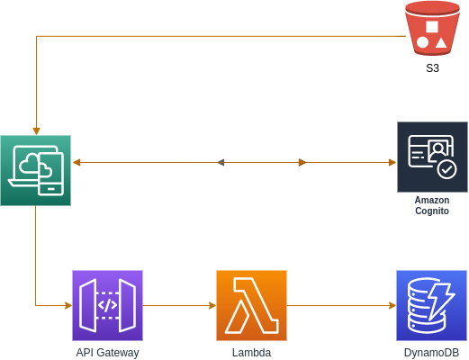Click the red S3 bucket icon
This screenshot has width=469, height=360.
pos(432,28)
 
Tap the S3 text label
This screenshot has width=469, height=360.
pos(432,68)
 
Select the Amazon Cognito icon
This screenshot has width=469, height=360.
pos(432,157)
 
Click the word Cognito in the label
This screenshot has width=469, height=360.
pos(432,211)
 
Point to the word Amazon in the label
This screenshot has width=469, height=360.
pos(432,200)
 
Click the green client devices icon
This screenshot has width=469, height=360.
pos(35,170)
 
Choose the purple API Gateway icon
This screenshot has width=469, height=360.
pos(107,305)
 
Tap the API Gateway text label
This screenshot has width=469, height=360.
pos(107,353)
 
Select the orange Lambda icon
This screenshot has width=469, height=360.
pos(251,305)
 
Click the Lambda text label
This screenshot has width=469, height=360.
pos(251,353)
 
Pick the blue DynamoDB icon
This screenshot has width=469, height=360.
pos(431,305)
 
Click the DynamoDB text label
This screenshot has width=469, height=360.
pos(431,353)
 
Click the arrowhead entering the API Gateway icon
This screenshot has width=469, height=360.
pos(68,305)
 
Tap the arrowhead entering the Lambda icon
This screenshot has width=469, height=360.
pos(212,305)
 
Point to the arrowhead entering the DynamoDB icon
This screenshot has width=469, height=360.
pos(392,305)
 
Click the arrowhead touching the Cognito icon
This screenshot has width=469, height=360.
pos(392,162)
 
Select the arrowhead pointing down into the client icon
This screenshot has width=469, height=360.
pos(35,130)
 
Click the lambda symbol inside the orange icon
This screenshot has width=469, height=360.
pos(251,305)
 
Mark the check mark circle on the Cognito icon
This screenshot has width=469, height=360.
pos(446,168)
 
